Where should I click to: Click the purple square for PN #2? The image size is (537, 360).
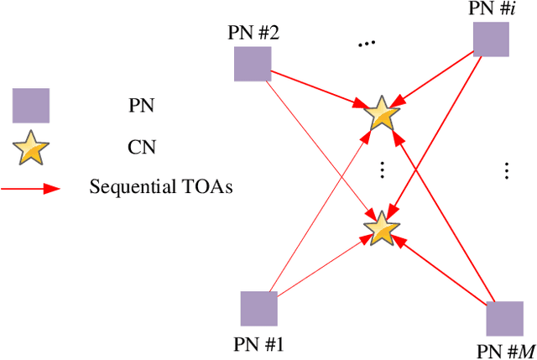tap(253, 65)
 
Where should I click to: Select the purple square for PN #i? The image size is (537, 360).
tap(491, 39)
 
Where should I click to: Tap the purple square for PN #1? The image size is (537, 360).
tap(258, 308)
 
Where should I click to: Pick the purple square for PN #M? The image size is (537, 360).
tap(503, 319)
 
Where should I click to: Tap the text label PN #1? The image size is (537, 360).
tap(259, 343)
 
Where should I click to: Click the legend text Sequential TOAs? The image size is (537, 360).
tap(161, 187)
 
